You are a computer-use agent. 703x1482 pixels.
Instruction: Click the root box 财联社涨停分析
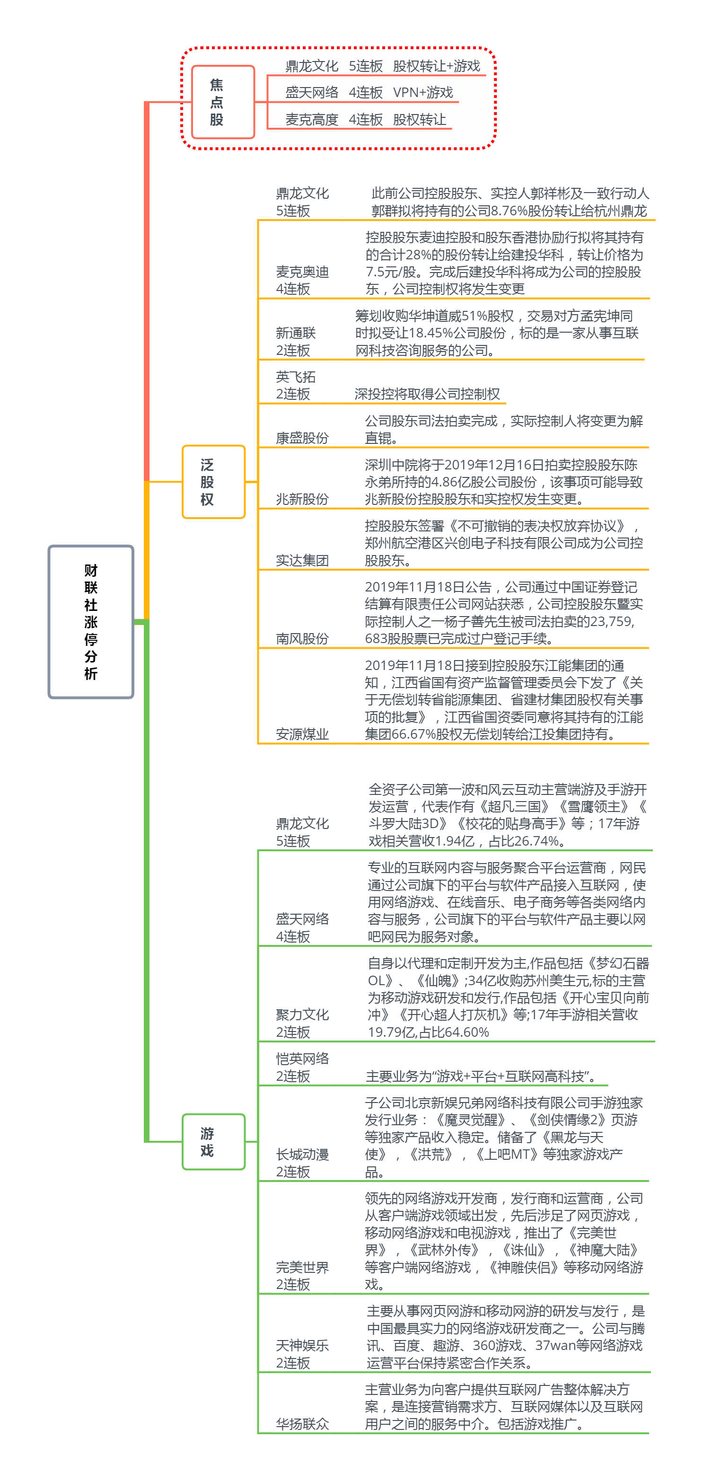(x=91, y=621)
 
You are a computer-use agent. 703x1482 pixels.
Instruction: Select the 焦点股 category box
(x=223, y=102)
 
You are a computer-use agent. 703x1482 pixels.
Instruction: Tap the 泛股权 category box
(x=213, y=482)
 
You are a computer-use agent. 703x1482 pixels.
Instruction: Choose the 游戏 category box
(x=213, y=1141)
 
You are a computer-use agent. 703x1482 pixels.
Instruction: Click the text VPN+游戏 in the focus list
(x=423, y=93)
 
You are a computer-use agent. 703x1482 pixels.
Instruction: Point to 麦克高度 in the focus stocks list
(x=312, y=120)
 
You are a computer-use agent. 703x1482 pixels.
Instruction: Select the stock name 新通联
(x=296, y=333)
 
